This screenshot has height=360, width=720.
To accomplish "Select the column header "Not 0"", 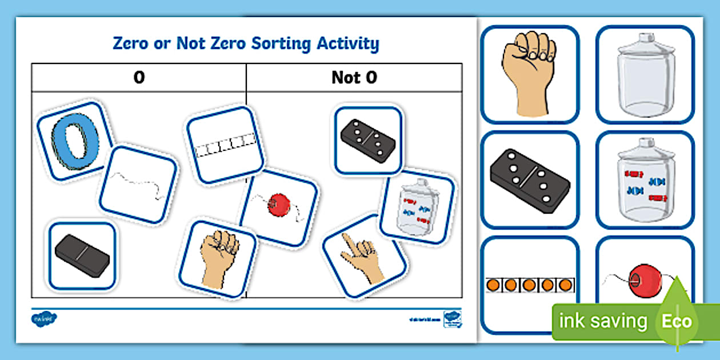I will (x=354, y=78).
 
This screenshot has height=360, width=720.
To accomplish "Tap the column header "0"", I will (x=139, y=78).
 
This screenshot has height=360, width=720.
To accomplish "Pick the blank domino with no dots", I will (x=82, y=254).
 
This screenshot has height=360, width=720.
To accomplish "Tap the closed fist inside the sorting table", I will (x=218, y=258).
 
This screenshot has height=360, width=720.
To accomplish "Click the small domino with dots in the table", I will (x=369, y=139).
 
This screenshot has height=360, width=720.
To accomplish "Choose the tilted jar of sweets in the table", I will (x=417, y=209).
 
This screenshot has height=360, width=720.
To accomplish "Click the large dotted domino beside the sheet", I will (x=530, y=179).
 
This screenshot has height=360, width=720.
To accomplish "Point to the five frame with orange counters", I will (x=530, y=285).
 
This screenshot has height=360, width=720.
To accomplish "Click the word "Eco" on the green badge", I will (x=677, y=321).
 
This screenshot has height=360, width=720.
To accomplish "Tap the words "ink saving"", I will (x=603, y=321).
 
